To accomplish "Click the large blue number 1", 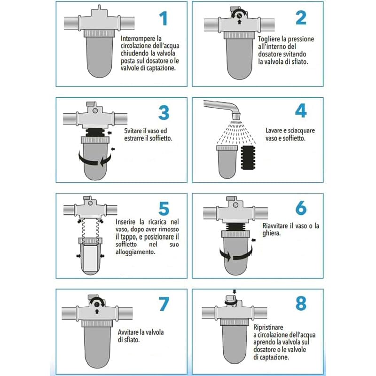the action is point(164,18).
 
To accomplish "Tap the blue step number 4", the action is point(301,110).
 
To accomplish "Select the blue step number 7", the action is point(164,304).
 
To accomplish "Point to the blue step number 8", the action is point(301,303).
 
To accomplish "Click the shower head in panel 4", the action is point(236,117).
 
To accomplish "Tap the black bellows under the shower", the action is point(248,157).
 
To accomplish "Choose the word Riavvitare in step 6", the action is point(275,226).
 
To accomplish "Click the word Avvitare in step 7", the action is point(129,332).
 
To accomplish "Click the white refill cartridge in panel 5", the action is point(90,257).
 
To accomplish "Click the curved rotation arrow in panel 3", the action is point(95,161).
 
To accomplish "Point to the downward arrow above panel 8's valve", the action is point(234,292).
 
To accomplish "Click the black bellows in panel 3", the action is point(95,133).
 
